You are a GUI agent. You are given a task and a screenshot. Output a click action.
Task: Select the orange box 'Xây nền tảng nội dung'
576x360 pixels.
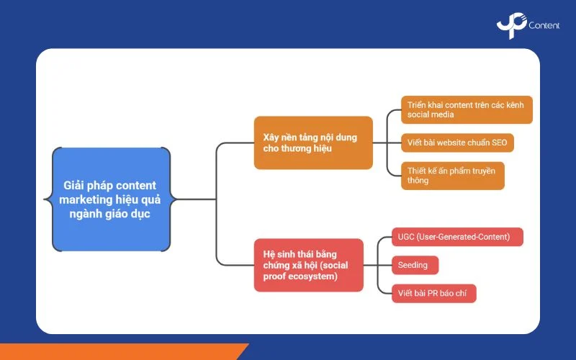(x=313, y=143)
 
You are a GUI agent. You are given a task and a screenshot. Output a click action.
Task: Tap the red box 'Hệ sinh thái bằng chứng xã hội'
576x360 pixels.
(x=308, y=265)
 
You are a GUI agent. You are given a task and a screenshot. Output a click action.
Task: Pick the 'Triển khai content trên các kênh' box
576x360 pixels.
(x=467, y=109)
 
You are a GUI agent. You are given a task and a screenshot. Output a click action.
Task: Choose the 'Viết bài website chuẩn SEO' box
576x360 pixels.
(x=457, y=143)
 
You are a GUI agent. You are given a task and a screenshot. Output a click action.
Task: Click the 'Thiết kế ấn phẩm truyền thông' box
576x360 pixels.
(x=452, y=176)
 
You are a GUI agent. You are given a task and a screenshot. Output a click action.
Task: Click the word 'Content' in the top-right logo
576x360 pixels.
(x=544, y=26)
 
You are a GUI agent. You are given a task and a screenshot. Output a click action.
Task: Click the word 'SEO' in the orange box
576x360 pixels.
(x=499, y=143)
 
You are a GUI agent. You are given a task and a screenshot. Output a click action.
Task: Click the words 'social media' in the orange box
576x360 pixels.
(x=431, y=115)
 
